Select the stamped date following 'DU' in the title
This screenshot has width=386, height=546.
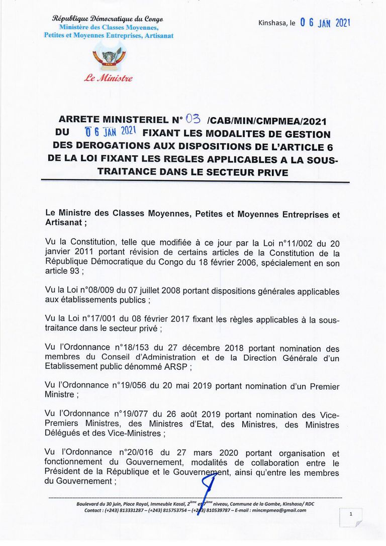click(108, 133)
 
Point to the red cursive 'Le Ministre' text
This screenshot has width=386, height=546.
click(108, 78)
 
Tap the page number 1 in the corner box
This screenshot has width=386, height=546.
click(351, 514)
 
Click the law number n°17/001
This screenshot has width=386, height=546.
click(100, 319)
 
